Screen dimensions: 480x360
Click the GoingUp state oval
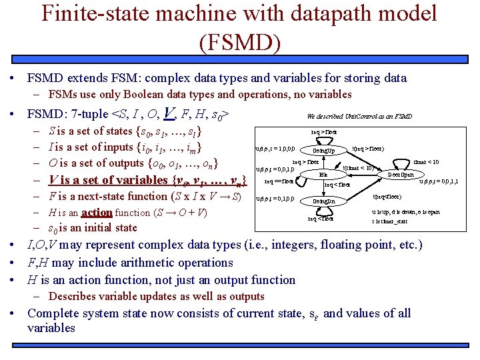323,151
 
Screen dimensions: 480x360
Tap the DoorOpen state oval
401,175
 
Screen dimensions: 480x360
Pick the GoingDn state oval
323,201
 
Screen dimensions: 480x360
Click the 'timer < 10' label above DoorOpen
425,161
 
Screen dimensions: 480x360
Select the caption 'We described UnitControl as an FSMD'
359,116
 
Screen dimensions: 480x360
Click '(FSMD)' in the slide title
239,41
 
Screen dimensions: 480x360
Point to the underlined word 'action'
97,213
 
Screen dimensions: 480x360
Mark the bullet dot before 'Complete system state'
13,314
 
